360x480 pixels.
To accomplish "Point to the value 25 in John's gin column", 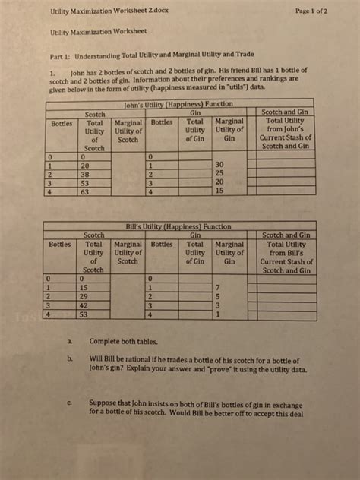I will (x=219, y=173).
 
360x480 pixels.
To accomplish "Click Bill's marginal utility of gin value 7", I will (x=219, y=286).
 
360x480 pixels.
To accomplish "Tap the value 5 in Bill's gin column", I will (x=219, y=295).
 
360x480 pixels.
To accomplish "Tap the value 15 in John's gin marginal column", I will (x=219, y=193).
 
